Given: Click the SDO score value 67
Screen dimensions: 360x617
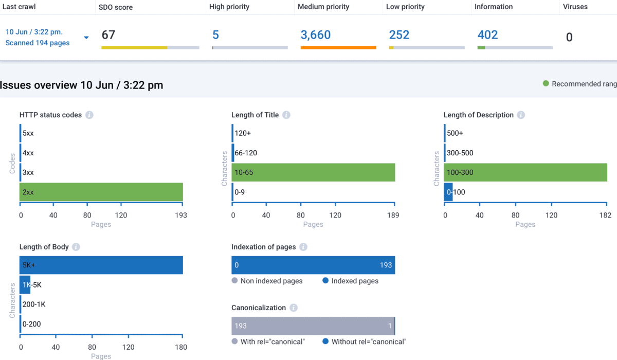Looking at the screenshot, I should click(108, 35).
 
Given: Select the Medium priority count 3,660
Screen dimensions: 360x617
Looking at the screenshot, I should click(316, 35).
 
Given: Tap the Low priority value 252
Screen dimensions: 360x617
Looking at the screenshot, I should click(399, 35).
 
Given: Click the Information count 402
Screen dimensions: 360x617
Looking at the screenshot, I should click(487, 35).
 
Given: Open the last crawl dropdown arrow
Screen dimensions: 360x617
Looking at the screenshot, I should click(86, 38).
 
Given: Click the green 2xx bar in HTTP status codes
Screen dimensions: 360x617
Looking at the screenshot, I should click(101, 192).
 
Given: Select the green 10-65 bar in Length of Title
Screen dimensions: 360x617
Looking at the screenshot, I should click(314, 172).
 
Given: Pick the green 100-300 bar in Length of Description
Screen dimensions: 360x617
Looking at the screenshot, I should click(525, 172).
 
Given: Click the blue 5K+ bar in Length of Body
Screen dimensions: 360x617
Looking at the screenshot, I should click(101, 265).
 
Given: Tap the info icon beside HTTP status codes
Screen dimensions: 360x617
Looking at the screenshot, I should click(89, 115).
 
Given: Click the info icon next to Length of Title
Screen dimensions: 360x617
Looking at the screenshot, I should click(286, 115).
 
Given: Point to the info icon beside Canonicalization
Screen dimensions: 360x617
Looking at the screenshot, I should click(293, 308).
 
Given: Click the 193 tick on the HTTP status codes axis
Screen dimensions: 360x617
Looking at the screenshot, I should click(180, 215).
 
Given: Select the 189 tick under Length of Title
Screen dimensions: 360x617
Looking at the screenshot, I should click(393, 215).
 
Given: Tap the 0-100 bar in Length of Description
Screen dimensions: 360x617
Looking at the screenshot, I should click(448, 192).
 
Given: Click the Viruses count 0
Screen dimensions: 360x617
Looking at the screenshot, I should click(569, 37).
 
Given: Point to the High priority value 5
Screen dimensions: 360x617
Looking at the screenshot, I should click(215, 35).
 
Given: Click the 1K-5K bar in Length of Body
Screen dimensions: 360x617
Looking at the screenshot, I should click(25, 284).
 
